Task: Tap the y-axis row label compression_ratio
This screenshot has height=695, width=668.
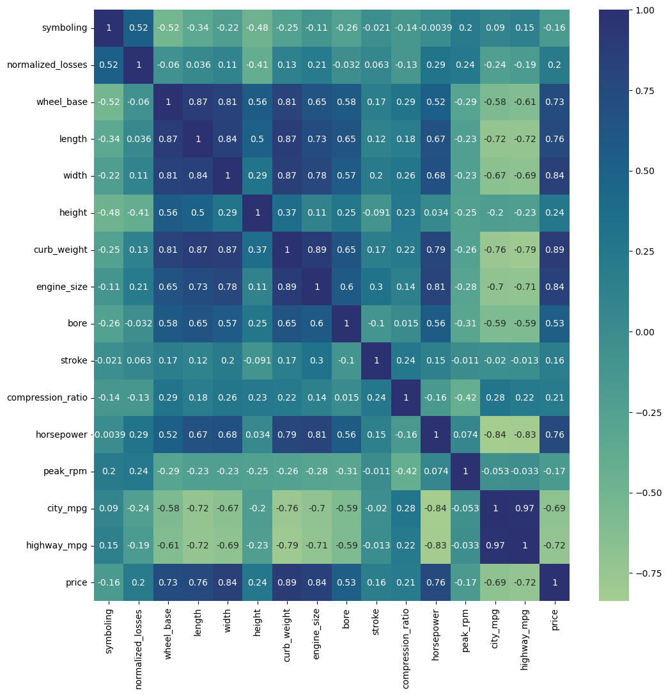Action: click(47, 397)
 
